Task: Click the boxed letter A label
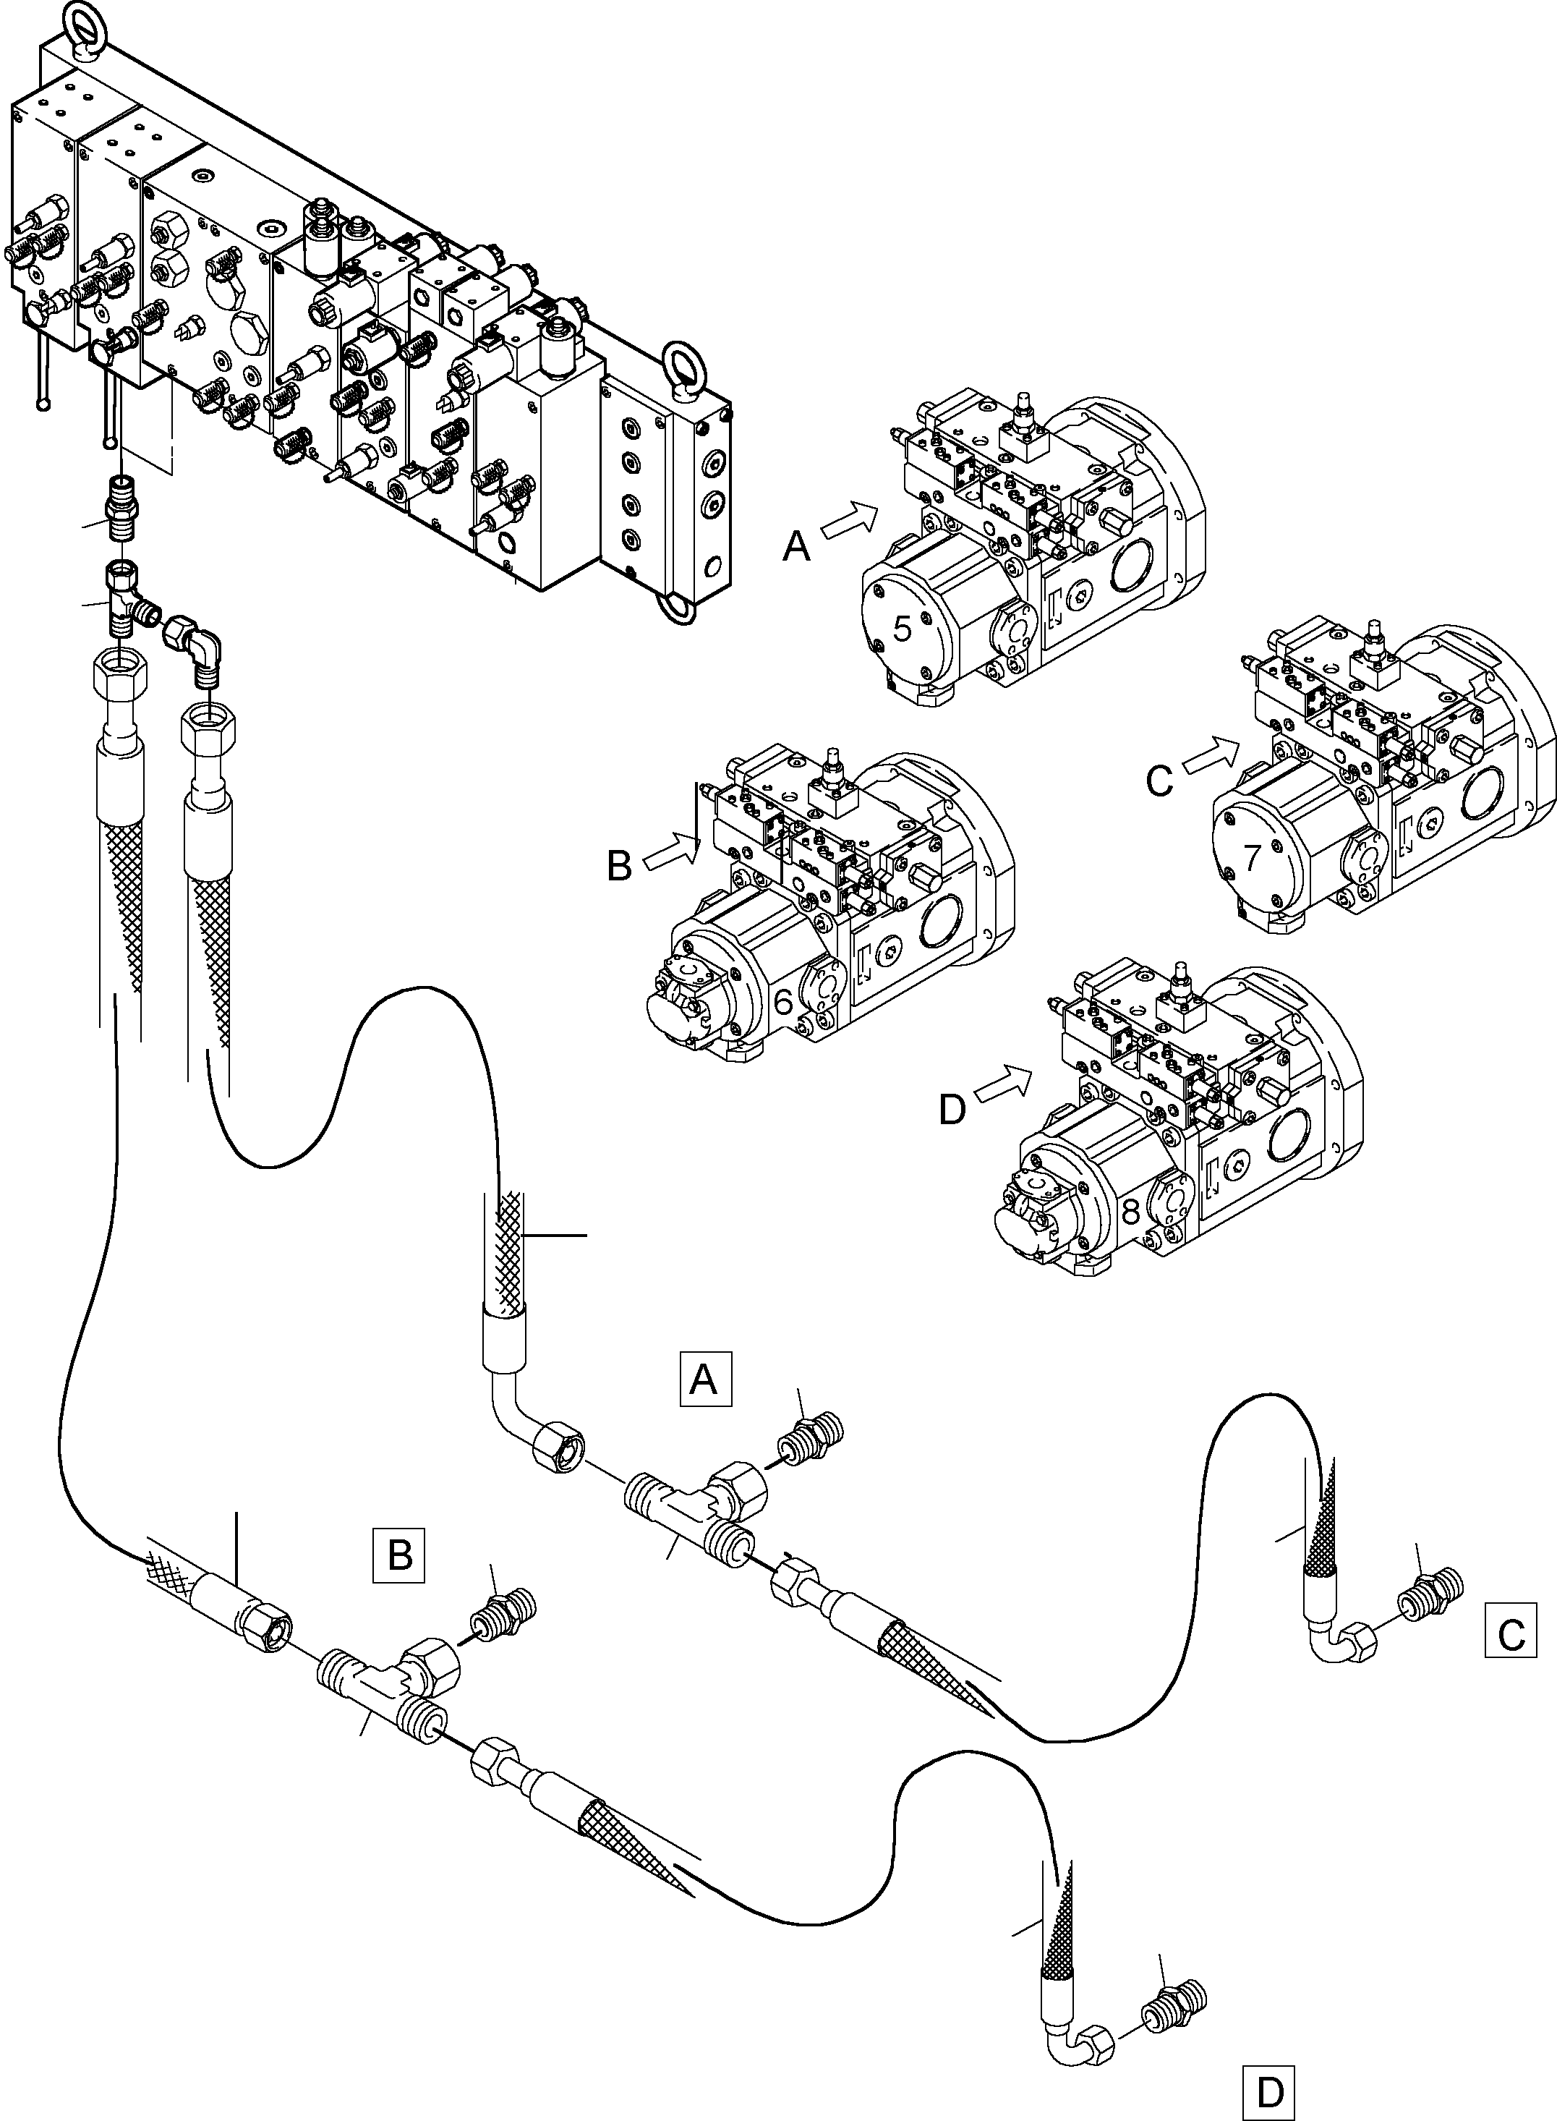pyautogui.click(x=705, y=1380)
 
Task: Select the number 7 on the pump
pyautogui.click(x=1252, y=857)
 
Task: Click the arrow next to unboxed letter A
pyautogui.click(x=850, y=519)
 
